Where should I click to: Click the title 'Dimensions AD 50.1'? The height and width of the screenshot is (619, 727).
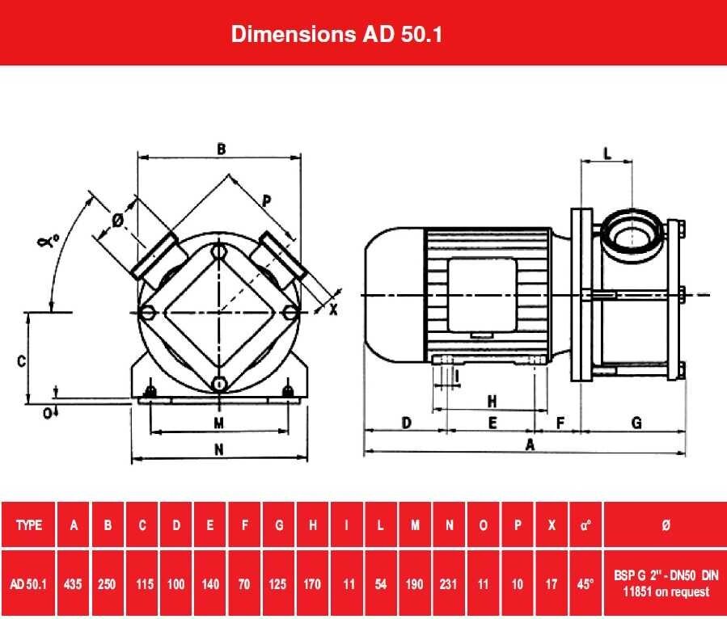pos(336,34)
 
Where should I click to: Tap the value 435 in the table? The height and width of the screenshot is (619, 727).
pos(73,583)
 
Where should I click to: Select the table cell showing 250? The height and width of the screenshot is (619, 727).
pos(107,583)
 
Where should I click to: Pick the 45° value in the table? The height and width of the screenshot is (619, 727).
pos(585,583)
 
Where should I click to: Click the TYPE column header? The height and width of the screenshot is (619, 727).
pos(29,525)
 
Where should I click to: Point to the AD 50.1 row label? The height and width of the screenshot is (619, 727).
pos(28,583)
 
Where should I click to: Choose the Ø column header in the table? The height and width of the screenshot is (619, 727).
pos(666,525)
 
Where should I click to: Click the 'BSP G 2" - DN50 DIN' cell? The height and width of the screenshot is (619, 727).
pos(666,575)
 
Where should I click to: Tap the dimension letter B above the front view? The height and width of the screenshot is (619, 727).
pos(221,149)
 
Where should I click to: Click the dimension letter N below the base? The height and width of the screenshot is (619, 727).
pos(219,449)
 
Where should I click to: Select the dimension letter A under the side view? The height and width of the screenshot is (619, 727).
pos(530,444)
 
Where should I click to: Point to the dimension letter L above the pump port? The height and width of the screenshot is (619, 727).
pos(607,153)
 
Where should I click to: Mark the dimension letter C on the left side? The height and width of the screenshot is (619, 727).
pos(21,360)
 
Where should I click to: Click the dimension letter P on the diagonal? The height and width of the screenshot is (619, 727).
pos(267,201)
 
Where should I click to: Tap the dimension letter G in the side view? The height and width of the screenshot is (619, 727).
pos(637,423)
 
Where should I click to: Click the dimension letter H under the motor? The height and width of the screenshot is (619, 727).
pos(492,401)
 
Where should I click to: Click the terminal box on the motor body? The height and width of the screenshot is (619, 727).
pos(482,295)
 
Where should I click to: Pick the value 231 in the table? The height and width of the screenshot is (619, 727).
pos(448,583)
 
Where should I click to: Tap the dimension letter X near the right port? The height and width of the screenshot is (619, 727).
pos(333,309)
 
